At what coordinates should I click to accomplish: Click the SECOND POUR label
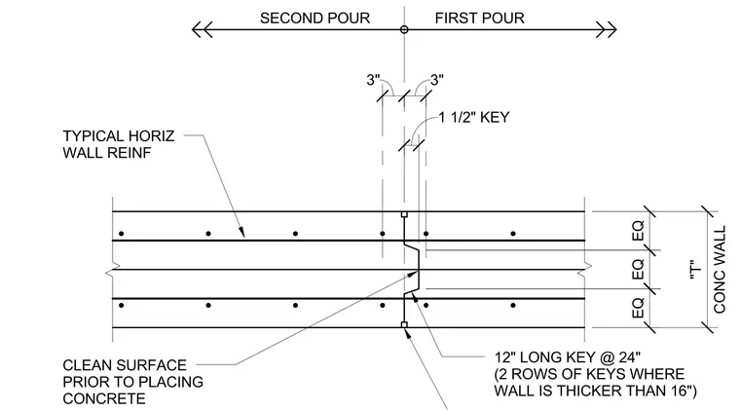pos(314,18)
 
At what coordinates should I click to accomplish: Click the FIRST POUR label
pos(479,18)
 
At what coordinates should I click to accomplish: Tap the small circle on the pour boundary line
pos(404,30)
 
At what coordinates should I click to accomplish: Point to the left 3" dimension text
pos(373,80)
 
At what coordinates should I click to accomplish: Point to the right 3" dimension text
pos(437,80)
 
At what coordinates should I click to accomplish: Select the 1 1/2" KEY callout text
pos(474,117)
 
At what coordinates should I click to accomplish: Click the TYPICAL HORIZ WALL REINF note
pos(119,144)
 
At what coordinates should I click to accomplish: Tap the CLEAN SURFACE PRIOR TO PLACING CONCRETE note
pos(132,382)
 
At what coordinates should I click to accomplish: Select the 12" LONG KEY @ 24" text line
pos(568,357)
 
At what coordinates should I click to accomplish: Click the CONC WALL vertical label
pos(720,270)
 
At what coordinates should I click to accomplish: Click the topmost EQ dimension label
pos(638,231)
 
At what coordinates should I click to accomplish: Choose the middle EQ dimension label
pos(638,269)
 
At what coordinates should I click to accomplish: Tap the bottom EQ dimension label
pos(638,307)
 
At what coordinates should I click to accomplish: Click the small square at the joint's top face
pos(404,214)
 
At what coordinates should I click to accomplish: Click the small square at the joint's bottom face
pos(404,324)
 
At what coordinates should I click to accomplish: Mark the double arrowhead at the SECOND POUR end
pos(202,30)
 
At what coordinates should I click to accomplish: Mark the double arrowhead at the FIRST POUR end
pos(607,30)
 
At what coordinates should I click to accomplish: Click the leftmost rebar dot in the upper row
pos(122,234)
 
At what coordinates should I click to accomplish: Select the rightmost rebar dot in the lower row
pos(513,305)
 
